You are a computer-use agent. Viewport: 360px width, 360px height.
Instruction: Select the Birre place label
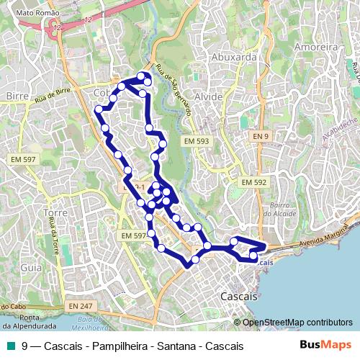(17, 95)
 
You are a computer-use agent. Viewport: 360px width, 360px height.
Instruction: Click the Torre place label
(55, 213)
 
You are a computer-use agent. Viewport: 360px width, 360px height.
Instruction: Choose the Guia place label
(31, 266)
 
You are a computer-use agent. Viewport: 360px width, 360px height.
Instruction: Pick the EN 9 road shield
(260, 136)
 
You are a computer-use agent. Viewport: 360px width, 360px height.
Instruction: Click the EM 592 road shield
(253, 182)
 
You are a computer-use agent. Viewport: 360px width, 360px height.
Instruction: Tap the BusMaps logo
(325, 346)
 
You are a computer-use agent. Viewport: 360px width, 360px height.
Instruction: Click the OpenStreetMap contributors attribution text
(297, 323)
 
